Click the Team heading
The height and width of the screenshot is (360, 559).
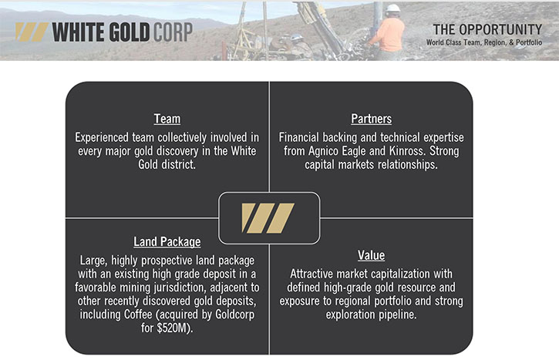[x=167, y=119]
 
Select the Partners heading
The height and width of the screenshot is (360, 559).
[x=371, y=119]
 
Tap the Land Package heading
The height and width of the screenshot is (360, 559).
[x=167, y=241]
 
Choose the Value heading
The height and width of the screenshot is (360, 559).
[x=371, y=255]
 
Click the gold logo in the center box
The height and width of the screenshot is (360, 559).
[x=268, y=218]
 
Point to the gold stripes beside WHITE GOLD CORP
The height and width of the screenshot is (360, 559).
[x=32, y=32]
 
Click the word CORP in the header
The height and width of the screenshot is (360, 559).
[x=173, y=32]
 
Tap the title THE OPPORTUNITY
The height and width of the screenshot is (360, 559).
[x=487, y=29]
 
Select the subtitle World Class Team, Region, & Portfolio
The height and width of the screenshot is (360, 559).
[x=484, y=42]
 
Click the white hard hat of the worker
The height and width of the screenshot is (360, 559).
[x=393, y=8]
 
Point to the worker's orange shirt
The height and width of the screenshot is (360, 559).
[x=390, y=34]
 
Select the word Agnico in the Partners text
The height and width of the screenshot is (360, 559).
[x=323, y=152]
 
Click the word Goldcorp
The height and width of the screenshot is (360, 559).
[x=235, y=315]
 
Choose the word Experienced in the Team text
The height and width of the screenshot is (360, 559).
[x=101, y=137]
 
